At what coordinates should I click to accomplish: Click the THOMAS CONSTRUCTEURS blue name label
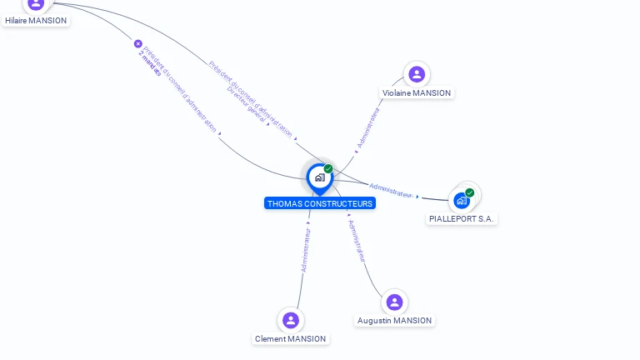(320, 203)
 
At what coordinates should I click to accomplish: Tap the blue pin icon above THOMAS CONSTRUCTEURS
(319, 177)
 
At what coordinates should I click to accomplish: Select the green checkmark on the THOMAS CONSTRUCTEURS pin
(328, 169)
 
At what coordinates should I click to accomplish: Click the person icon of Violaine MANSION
(417, 74)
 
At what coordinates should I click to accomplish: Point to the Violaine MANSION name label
(417, 93)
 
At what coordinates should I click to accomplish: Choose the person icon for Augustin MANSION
(394, 302)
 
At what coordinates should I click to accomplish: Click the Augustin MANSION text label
(394, 321)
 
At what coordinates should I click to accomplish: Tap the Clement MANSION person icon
(290, 320)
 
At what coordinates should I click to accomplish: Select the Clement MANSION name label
(291, 339)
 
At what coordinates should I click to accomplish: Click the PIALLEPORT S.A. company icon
(462, 201)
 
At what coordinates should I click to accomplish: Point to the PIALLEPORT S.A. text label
(462, 218)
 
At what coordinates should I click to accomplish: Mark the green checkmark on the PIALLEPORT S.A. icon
(470, 192)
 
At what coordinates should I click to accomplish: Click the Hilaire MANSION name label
(36, 20)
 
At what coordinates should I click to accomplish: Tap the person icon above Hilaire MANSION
(36, 4)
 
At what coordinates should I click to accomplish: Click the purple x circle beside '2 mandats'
(138, 43)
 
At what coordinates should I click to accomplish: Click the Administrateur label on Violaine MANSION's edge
(367, 127)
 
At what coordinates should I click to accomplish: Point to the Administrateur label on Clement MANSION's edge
(306, 250)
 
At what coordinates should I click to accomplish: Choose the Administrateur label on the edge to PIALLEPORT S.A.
(391, 190)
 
